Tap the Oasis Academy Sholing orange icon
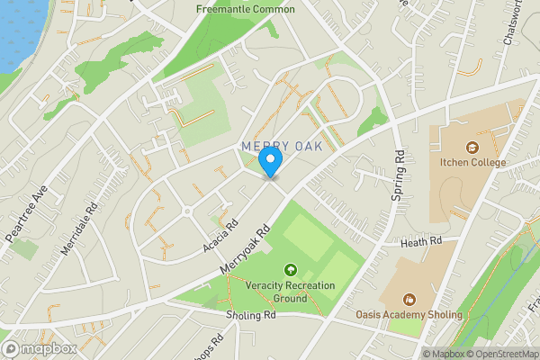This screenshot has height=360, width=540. [x=410, y=299]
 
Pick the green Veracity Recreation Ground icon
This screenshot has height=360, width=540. [x=291, y=269]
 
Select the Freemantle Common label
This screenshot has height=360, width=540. [x=246, y=10]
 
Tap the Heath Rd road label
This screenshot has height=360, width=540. [x=422, y=242]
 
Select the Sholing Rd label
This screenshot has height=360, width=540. [x=251, y=316]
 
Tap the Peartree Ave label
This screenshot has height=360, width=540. [x=26, y=211]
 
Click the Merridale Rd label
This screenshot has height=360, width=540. [x=79, y=231]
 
